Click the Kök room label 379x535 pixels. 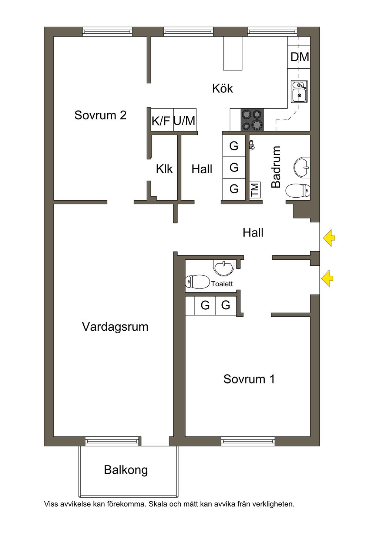(x=222, y=89)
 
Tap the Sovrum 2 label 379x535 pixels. (x=100, y=115)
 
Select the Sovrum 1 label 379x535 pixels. (x=249, y=379)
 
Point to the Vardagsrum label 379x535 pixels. (x=115, y=327)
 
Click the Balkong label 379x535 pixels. (x=126, y=470)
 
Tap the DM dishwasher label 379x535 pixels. (x=299, y=57)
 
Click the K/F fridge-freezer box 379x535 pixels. (x=161, y=120)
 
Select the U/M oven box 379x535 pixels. (x=185, y=120)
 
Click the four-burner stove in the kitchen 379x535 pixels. (x=252, y=120)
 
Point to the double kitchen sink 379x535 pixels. (x=299, y=91)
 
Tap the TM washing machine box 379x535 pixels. (x=255, y=190)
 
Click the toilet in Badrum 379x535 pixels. (x=298, y=191)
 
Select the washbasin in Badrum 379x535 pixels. (x=302, y=167)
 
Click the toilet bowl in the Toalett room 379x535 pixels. (x=198, y=282)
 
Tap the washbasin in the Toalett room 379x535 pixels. (x=224, y=267)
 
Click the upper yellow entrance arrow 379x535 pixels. (x=329, y=238)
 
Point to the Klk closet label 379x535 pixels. (x=164, y=169)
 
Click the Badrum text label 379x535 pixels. (x=276, y=167)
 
